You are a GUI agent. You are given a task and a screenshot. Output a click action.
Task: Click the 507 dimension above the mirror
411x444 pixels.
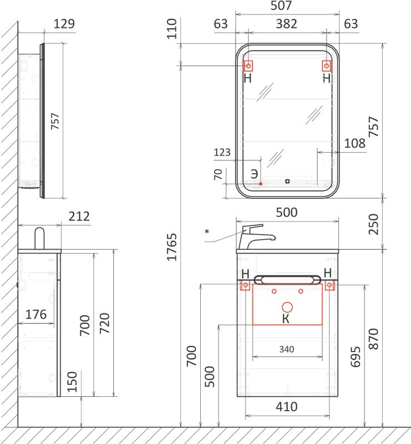click(x=281, y=6)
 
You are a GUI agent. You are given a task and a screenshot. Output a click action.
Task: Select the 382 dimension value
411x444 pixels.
click(x=286, y=24)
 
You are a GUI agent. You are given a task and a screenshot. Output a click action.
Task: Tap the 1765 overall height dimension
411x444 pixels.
click(x=171, y=246)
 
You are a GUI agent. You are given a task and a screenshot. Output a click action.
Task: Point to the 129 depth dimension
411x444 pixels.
click(x=64, y=24)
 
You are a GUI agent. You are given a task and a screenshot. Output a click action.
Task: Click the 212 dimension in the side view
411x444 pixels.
click(x=79, y=216)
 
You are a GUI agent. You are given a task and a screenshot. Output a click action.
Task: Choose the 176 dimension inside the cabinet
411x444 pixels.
click(x=36, y=314)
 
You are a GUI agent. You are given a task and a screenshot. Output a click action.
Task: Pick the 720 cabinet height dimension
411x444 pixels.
click(x=105, y=323)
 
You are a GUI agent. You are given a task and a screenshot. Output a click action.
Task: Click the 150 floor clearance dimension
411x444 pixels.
click(x=72, y=381)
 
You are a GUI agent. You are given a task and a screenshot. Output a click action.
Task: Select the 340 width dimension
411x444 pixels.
click(x=287, y=349)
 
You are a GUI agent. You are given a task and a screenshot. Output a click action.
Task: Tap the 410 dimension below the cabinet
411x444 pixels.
click(x=287, y=407)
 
